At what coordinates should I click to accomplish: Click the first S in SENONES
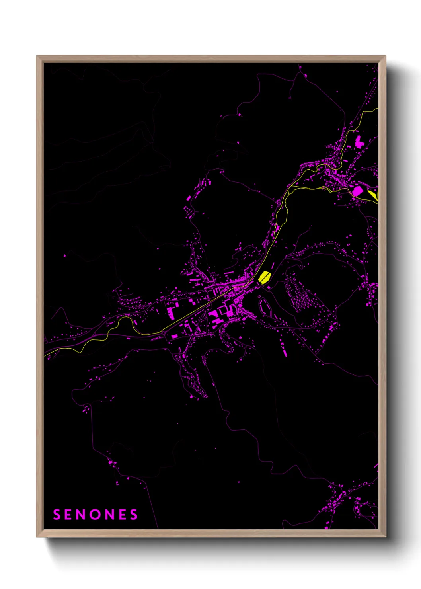[x=57, y=515]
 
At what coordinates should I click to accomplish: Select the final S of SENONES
[x=134, y=515]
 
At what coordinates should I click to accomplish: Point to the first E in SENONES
[x=68, y=515]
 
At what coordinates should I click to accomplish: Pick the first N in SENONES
[x=81, y=515]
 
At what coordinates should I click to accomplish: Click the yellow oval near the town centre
[x=264, y=276]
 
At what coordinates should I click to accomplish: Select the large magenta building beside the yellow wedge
[x=357, y=191]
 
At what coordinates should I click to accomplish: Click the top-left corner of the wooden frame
[x=37, y=56]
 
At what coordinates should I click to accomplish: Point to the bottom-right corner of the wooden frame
[x=385, y=536]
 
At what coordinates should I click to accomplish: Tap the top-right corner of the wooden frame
[x=385, y=56]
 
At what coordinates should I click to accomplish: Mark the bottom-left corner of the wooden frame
[x=37, y=536]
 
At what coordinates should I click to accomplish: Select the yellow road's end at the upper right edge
[x=377, y=109]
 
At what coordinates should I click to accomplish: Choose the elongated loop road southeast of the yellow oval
[x=265, y=308]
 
